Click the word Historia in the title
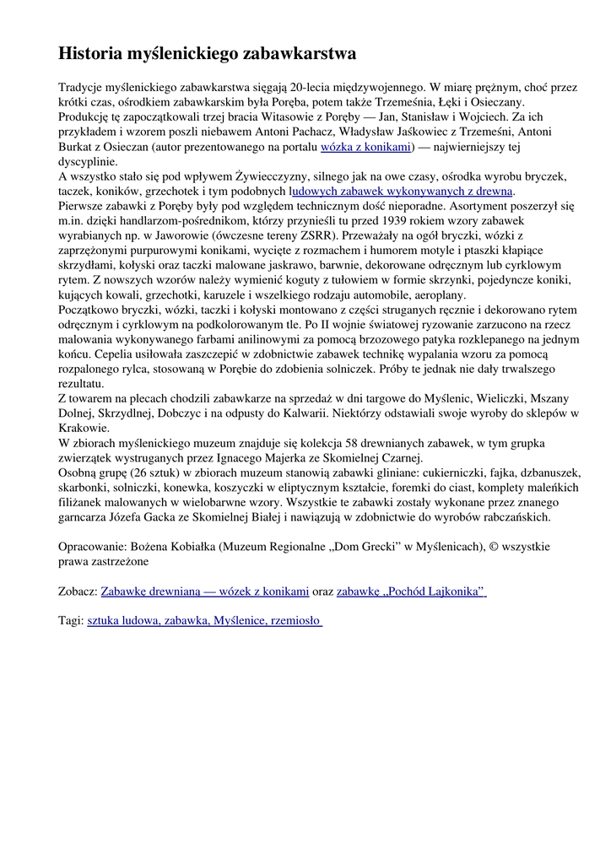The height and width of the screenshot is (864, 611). [89, 54]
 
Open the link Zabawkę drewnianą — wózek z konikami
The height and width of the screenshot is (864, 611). [205, 591]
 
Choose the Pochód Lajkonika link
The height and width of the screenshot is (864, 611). [411, 591]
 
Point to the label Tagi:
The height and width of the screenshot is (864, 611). [71, 620]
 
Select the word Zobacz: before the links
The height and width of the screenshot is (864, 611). [78, 591]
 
